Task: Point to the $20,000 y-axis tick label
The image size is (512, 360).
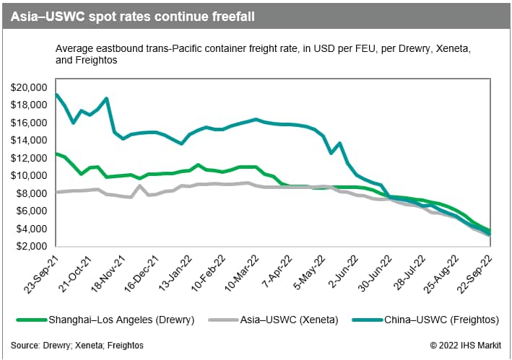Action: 28,87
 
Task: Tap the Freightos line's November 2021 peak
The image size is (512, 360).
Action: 107,98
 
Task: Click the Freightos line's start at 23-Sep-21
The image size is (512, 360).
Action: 56,95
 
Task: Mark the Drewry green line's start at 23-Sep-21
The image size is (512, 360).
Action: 56,154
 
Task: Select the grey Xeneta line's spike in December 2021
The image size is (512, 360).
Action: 140,185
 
